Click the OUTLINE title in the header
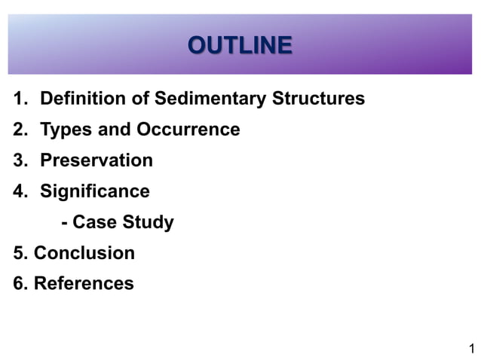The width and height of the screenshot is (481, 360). click(x=240, y=46)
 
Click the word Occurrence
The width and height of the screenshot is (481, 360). click(x=188, y=130)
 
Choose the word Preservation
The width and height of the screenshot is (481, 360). click(x=96, y=160)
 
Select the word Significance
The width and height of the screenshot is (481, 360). click(x=94, y=191)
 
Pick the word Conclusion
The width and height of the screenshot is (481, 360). click(x=84, y=253)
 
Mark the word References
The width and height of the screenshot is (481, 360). click(x=84, y=284)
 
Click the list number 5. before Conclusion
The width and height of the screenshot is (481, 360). click(x=20, y=253)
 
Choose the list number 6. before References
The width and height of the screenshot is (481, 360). click(x=20, y=284)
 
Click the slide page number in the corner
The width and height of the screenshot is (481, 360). click(x=471, y=348)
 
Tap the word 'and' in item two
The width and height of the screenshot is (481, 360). click(x=115, y=130)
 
